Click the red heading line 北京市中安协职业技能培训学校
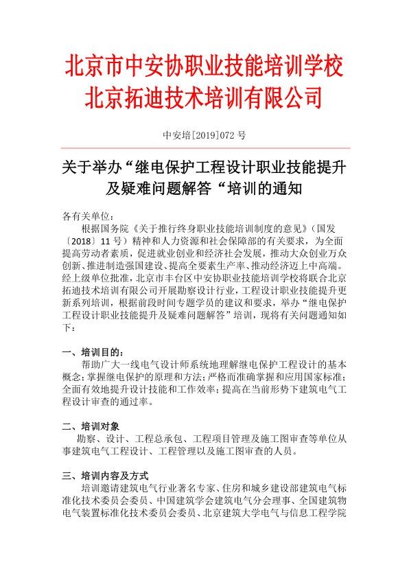(x=204, y=68)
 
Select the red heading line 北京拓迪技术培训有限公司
(x=204, y=97)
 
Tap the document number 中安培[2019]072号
(x=204, y=135)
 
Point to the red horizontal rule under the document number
(x=204, y=148)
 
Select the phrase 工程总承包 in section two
(x=160, y=439)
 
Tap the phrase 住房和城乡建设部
(x=264, y=488)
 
